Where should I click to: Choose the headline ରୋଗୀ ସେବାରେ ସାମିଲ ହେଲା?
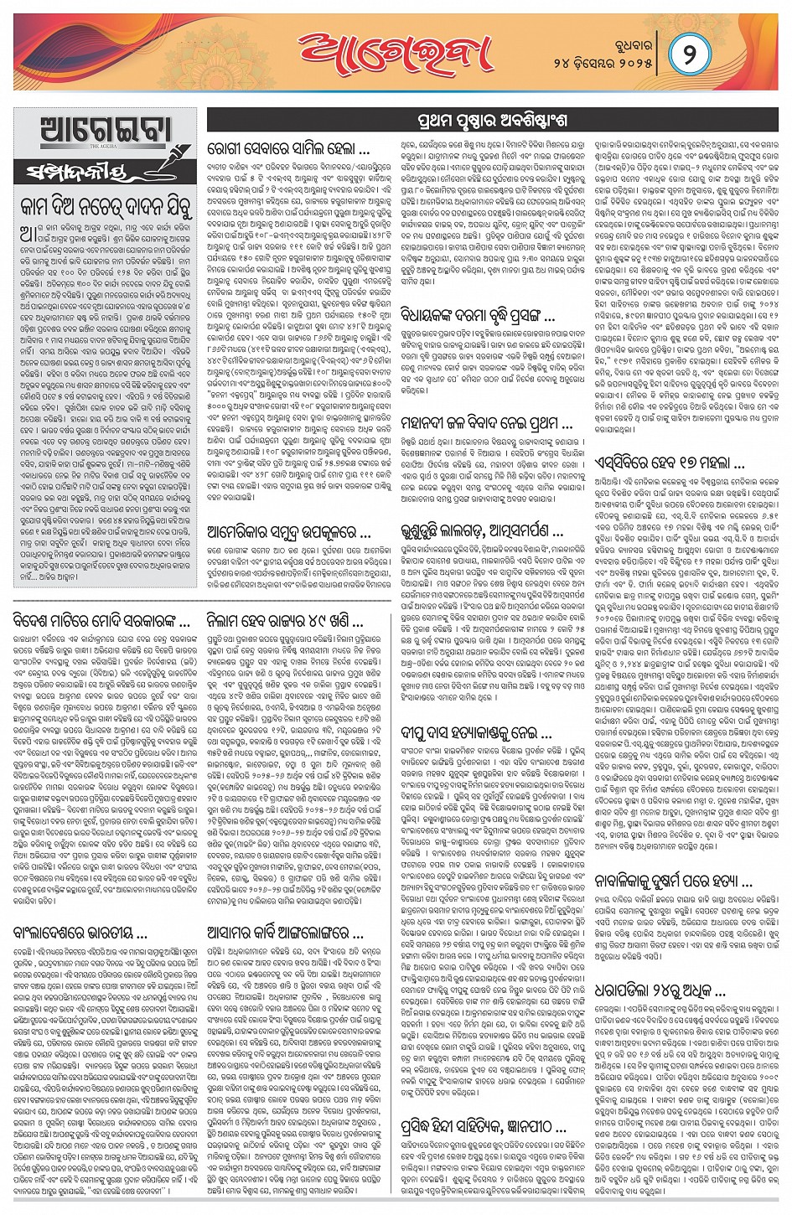287,153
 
